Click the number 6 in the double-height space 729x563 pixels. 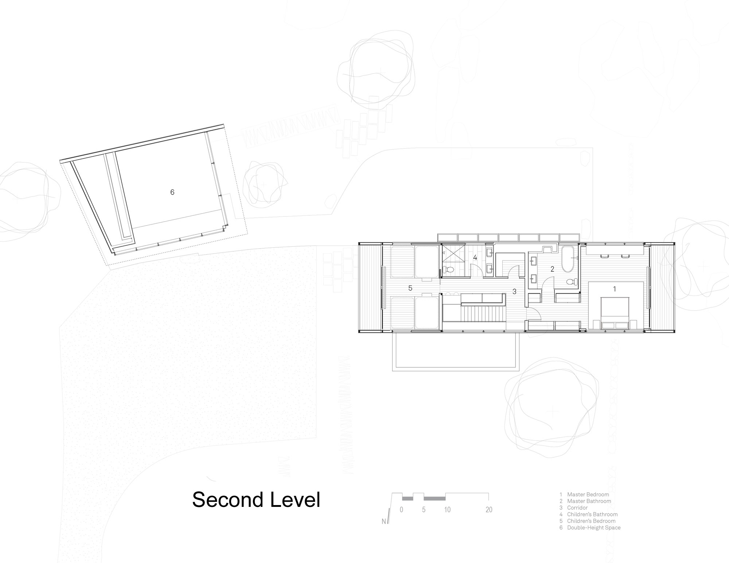[172, 192]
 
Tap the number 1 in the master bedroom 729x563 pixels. [615, 289]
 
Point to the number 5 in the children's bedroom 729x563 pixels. [410, 288]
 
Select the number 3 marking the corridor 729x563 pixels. [514, 292]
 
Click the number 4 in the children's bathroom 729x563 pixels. [475, 258]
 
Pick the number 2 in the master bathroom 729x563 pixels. [552, 269]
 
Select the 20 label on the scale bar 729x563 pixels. [489, 510]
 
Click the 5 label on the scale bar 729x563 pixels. [424, 510]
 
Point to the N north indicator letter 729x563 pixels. [384, 521]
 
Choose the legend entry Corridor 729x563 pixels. [577, 508]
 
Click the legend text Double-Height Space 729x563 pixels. [594, 527]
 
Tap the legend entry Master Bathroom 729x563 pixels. [589, 501]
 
